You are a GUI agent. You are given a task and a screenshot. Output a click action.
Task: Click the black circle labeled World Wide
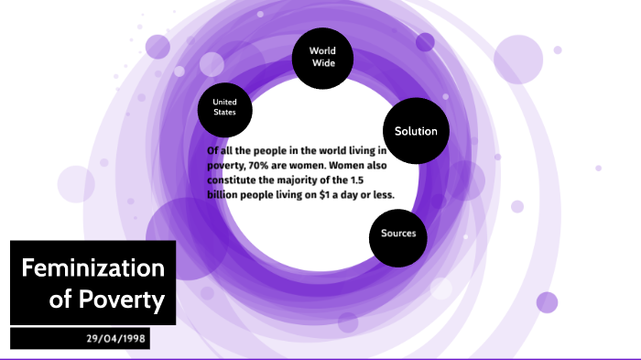322,57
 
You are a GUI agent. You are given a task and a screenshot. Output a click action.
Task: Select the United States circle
224,106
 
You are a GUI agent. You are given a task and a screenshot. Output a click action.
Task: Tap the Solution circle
416,131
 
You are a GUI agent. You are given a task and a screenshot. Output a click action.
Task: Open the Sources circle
398,233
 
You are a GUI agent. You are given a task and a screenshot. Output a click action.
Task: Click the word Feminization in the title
92,268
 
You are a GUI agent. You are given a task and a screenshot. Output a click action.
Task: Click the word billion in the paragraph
224,194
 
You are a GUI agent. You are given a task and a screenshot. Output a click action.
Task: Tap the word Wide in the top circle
322,64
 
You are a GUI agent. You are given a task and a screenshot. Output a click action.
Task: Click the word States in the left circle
224,113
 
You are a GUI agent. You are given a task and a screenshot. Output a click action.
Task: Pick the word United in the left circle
224,101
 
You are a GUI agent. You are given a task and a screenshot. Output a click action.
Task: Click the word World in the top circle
322,50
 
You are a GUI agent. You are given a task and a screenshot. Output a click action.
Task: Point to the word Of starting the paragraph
212,150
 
